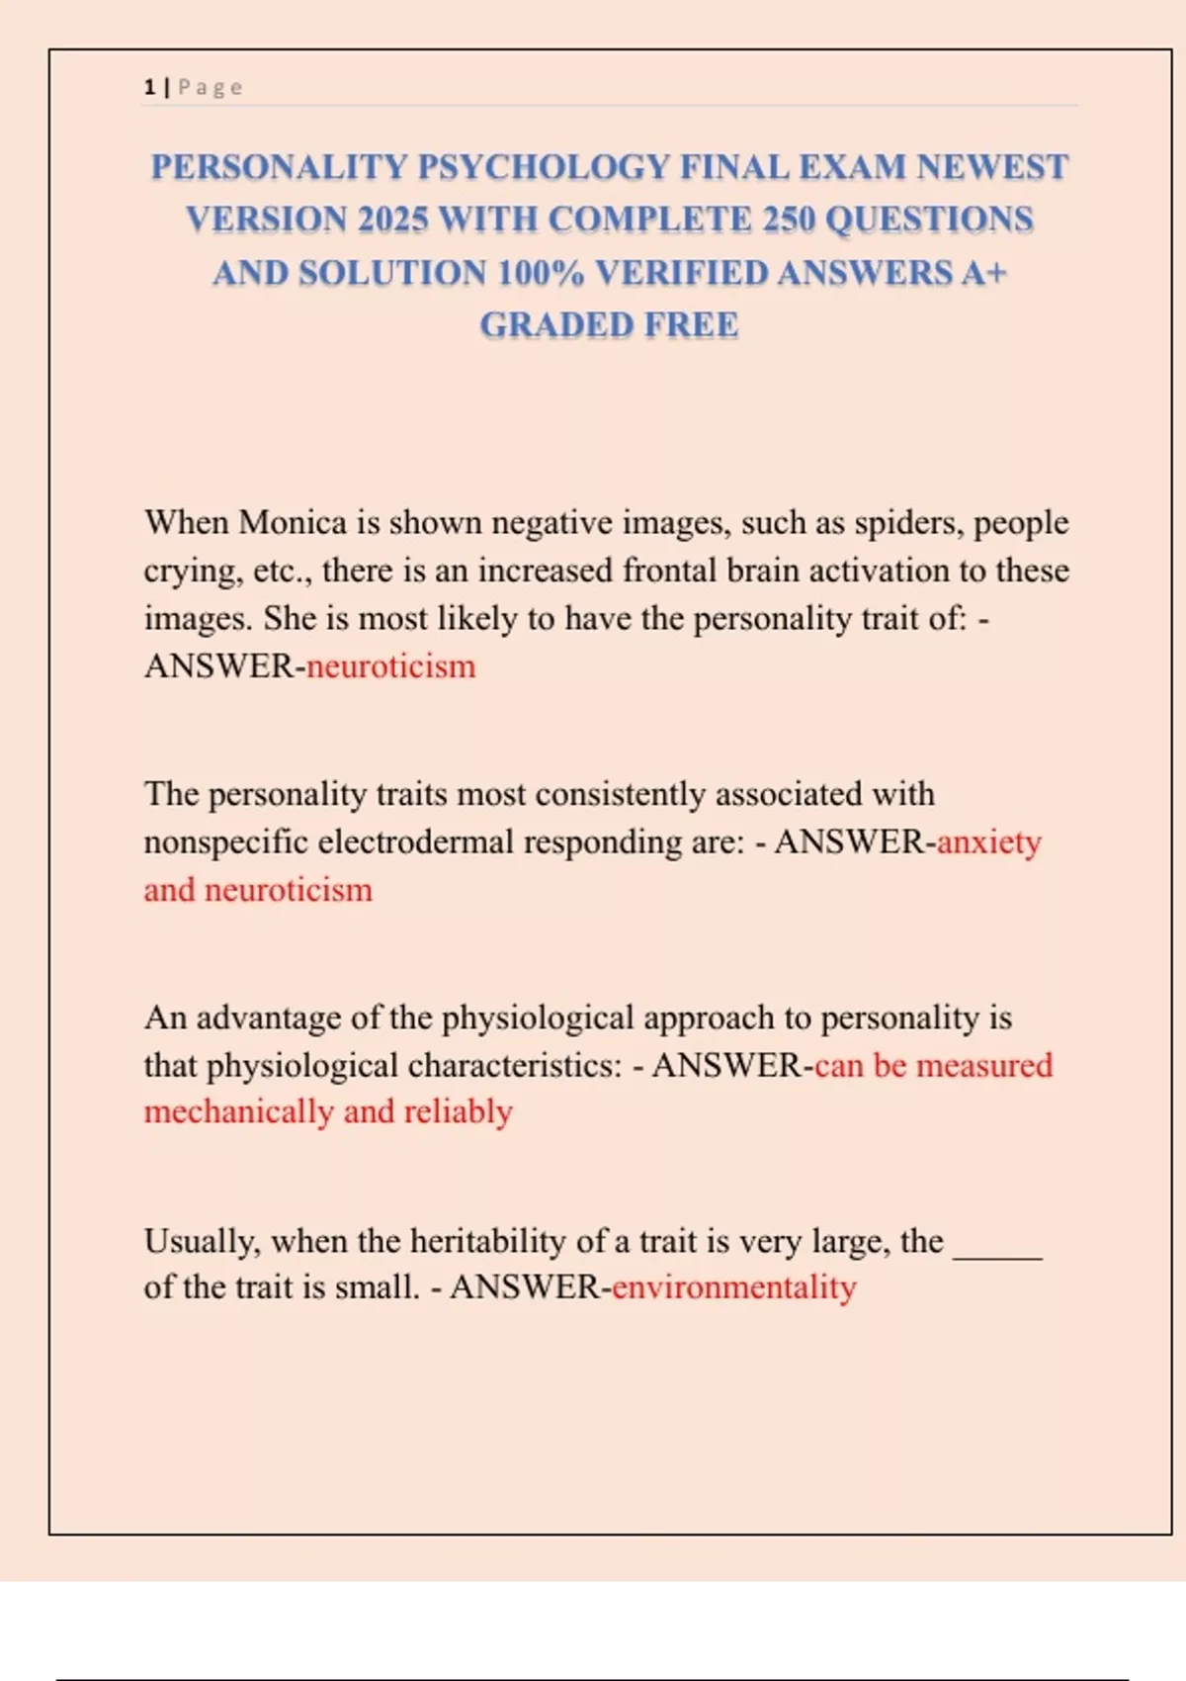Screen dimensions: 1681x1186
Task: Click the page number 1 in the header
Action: coord(149,87)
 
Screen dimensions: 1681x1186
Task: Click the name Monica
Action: coord(293,522)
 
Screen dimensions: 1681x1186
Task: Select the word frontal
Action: coord(669,571)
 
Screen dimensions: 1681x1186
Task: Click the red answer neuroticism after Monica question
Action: coord(390,666)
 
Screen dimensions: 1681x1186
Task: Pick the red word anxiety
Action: coord(988,842)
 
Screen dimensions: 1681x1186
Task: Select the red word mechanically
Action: coord(238,1112)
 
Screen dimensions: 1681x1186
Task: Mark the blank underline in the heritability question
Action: coord(997,1248)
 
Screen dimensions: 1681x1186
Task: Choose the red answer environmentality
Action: coord(733,1287)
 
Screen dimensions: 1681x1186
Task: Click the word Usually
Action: coord(203,1241)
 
